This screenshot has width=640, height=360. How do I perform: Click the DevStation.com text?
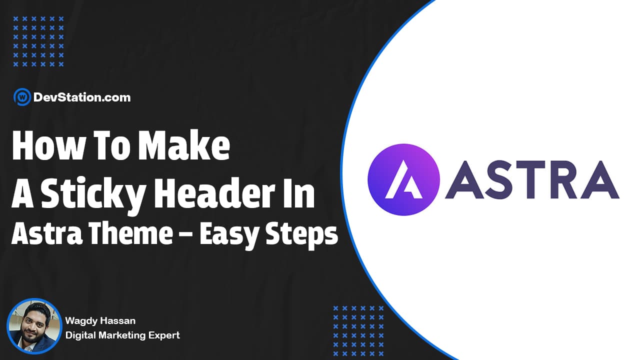tap(81, 97)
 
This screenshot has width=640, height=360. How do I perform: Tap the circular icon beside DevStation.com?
tap(21, 97)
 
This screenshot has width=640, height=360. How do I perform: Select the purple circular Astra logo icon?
tap(403, 180)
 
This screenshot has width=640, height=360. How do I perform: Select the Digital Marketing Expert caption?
tap(122, 335)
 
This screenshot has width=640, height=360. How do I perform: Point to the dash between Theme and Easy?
tap(185, 235)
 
